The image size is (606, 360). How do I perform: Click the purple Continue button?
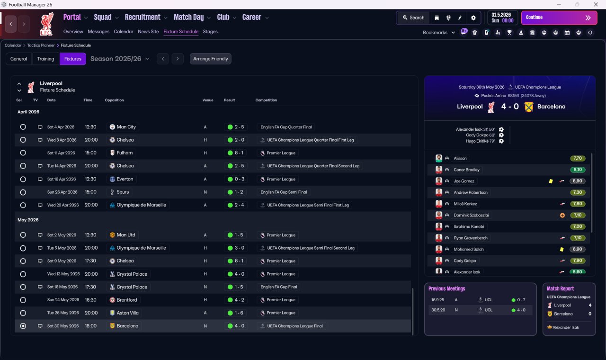[559, 18]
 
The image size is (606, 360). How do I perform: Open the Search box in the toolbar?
[413, 18]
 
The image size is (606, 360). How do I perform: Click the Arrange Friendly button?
[211, 59]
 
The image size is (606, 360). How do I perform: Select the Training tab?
[45, 59]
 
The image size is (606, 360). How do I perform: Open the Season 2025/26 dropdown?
[120, 59]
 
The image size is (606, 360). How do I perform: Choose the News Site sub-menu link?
[148, 31]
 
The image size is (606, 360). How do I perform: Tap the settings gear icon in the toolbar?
[473, 18]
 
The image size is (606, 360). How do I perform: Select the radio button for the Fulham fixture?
[23, 153]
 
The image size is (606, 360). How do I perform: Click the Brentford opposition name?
[127, 300]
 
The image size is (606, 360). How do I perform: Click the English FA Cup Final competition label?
[279, 287]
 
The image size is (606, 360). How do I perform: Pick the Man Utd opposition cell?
[123, 235]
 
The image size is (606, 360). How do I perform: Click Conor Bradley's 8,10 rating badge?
[578, 170]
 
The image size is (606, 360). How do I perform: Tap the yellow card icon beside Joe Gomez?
[551, 181]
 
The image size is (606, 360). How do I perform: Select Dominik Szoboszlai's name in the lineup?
[471, 215]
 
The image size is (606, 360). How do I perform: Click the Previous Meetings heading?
[446, 288]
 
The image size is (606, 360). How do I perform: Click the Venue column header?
[208, 100]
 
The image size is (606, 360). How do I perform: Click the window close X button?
[596, 4]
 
